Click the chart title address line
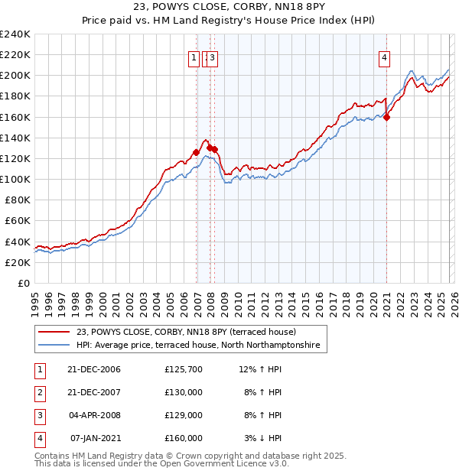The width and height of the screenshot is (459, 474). tap(229, 9)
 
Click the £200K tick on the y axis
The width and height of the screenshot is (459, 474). tap(15, 76)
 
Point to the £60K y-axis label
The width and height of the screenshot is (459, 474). tap(17, 221)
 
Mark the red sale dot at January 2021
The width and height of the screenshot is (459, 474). tap(387, 117)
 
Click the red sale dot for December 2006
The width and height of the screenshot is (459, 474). tap(197, 152)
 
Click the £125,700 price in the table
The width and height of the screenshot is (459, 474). tap(183, 369)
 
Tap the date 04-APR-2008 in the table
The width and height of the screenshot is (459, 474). tap(95, 415)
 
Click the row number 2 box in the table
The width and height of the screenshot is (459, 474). tap(38, 392)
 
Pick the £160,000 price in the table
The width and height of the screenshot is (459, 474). tap(183, 438)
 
